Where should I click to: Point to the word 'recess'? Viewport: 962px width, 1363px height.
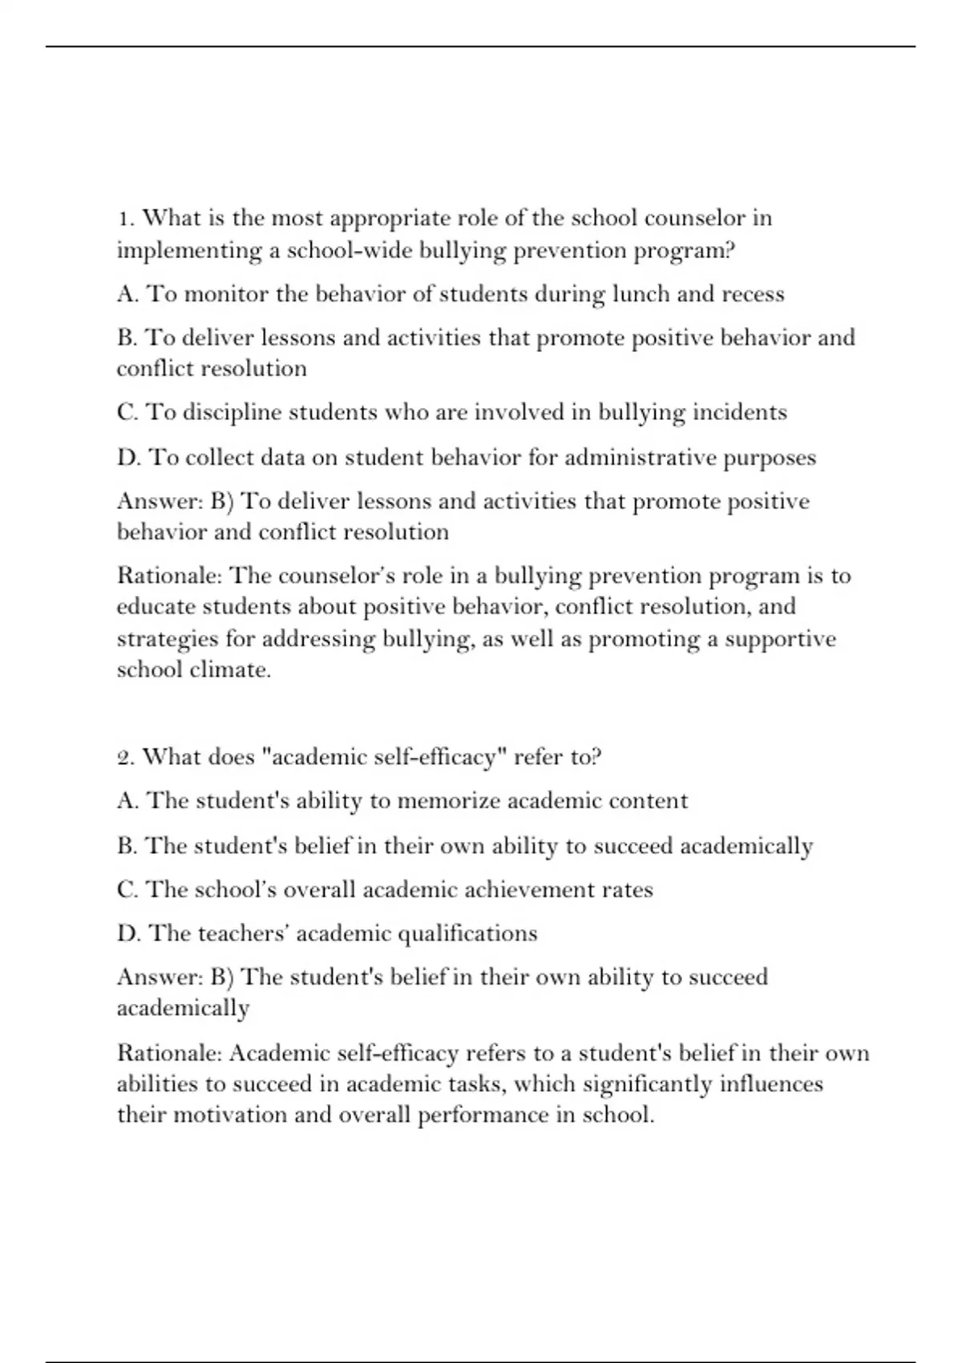click(x=753, y=294)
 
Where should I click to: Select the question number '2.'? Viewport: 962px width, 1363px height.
click(x=126, y=758)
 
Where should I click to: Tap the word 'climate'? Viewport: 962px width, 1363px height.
click(x=230, y=669)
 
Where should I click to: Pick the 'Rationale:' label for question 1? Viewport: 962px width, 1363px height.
click(x=169, y=576)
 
